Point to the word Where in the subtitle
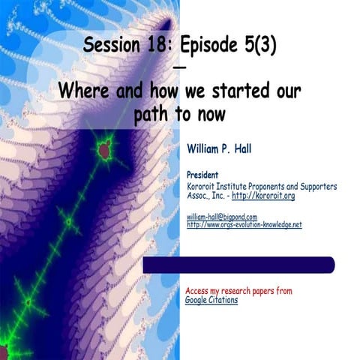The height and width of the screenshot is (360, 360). pyautogui.click(x=84, y=91)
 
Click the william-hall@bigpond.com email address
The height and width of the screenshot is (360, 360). pyautogui.click(x=221, y=217)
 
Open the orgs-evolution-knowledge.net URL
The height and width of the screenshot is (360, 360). pyautogui.click(x=244, y=224)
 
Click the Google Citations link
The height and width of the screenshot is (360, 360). pyautogui.click(x=211, y=300)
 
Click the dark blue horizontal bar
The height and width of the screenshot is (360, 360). pyautogui.click(x=238, y=265)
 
